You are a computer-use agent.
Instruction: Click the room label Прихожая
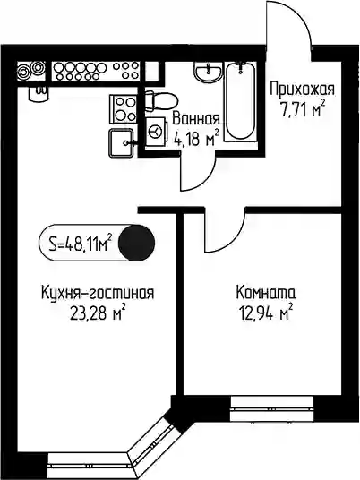302,90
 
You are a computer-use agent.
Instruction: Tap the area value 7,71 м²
302,109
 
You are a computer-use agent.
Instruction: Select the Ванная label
196,119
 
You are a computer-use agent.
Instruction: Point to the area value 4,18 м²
196,139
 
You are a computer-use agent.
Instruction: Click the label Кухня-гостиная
98,293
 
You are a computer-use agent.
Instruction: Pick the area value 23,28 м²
98,313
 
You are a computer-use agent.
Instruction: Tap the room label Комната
265,293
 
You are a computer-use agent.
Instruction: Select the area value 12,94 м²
266,313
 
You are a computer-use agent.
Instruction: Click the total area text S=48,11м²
79,244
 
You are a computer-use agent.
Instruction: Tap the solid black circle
136,243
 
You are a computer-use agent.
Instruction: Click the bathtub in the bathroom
240,101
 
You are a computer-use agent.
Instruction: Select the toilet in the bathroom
160,101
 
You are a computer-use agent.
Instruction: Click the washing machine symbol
157,132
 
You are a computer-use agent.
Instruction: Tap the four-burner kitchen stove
123,109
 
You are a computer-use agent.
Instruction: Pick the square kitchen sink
122,142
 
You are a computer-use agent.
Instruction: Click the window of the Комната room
272,408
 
